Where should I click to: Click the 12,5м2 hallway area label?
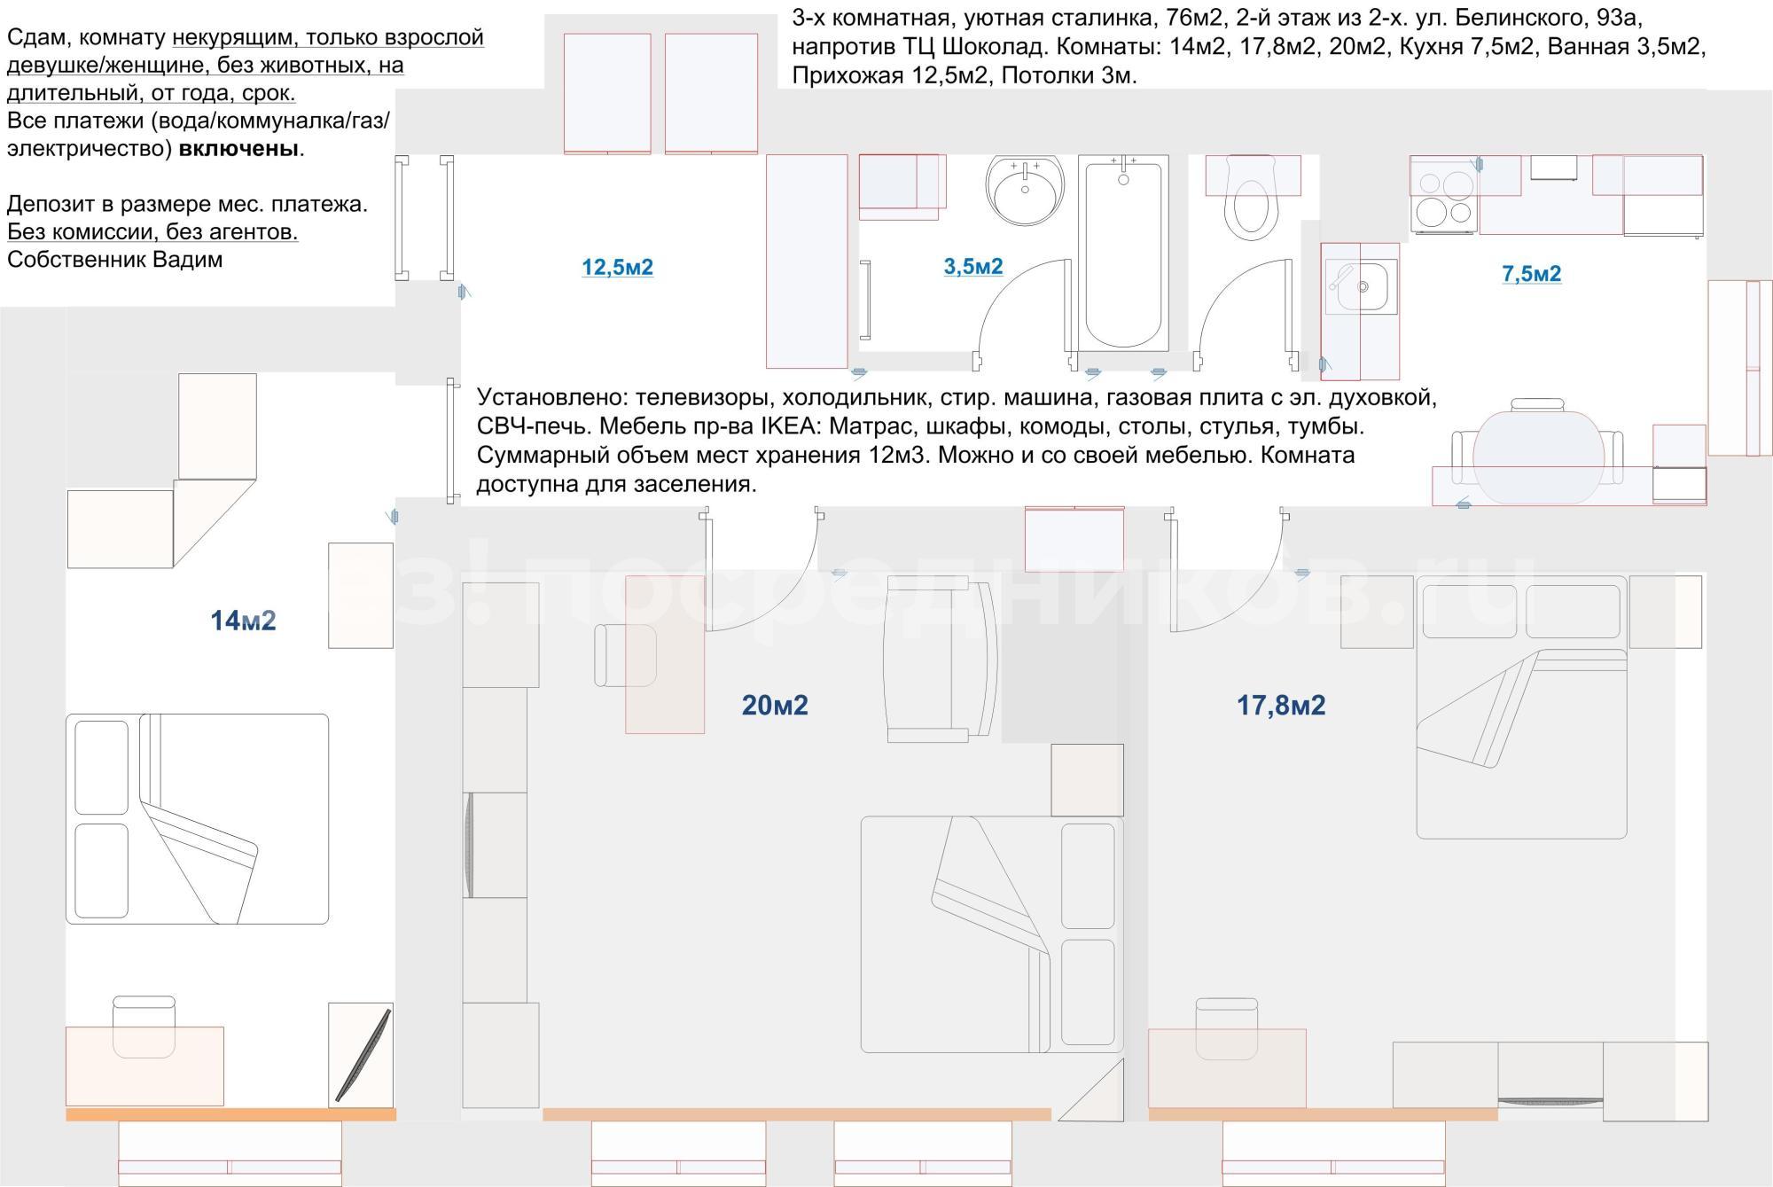pyautogui.click(x=617, y=267)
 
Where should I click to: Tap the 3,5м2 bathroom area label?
pyautogui.click(x=973, y=266)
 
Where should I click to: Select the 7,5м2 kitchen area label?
pyautogui.click(x=1532, y=274)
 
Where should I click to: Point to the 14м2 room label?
pyautogui.click(x=243, y=621)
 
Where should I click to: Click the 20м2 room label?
pyautogui.click(x=775, y=705)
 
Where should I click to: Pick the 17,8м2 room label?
pyautogui.click(x=1281, y=705)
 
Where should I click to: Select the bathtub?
pyautogui.click(x=1123, y=254)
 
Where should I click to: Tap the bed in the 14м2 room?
pyautogui.click(x=197, y=819)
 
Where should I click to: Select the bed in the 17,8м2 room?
pyautogui.click(x=1521, y=707)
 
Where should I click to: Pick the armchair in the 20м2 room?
pyautogui.click(x=941, y=659)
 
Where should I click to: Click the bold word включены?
pyautogui.click(x=238, y=148)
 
